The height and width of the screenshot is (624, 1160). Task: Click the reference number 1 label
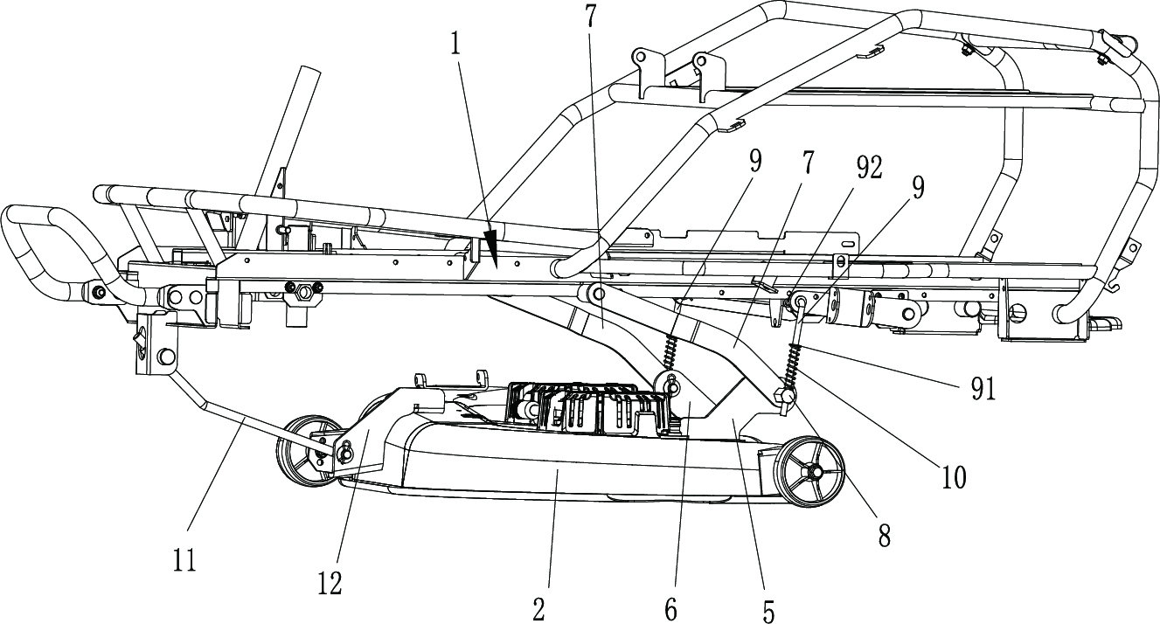tap(455, 45)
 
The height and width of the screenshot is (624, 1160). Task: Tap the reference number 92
tap(868, 168)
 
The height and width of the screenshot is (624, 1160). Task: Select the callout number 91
tap(983, 390)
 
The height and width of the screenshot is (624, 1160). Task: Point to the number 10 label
tap(954, 477)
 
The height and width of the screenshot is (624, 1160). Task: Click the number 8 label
tap(885, 536)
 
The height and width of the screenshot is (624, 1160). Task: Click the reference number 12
tap(330, 584)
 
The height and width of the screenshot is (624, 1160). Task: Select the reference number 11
tap(184, 561)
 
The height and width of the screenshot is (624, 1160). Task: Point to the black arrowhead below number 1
tap(490, 247)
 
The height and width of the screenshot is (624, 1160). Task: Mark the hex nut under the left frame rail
tap(303, 294)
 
